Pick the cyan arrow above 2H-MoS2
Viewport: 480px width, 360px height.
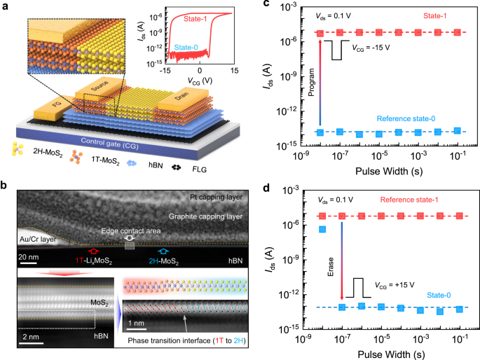tap(163, 250)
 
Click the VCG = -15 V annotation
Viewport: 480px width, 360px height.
tap(370, 48)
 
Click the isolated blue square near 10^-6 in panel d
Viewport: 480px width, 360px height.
tap(322, 229)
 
